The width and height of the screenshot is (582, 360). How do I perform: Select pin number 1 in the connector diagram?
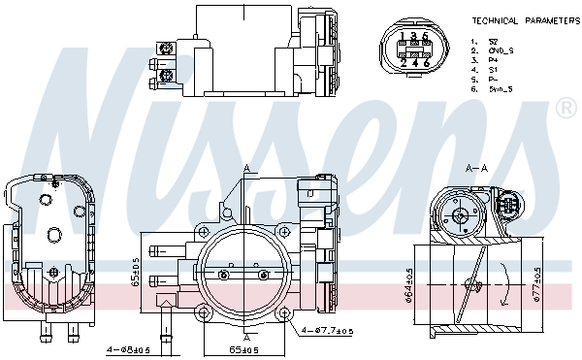(403, 38)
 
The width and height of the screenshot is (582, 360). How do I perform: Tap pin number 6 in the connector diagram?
(426, 63)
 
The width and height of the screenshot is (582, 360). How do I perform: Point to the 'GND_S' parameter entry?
(499, 50)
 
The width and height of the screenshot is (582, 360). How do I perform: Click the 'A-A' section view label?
(476, 167)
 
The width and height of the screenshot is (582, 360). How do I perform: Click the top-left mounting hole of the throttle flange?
(205, 231)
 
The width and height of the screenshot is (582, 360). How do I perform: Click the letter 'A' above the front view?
(246, 168)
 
